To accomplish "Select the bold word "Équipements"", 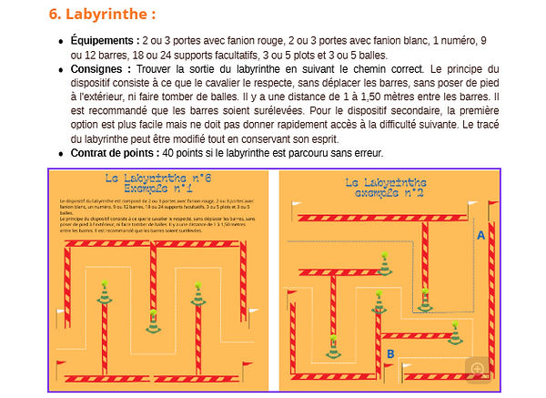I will click(x=104, y=41).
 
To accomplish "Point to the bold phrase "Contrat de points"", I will click(x=113, y=152).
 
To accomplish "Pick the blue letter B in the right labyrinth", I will click(x=389, y=353).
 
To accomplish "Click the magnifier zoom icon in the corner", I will click(x=478, y=368).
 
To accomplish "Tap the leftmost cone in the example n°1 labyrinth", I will click(x=106, y=293).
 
